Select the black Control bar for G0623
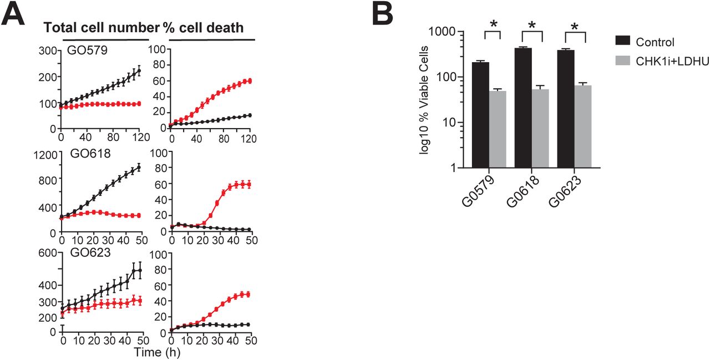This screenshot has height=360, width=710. (566, 109)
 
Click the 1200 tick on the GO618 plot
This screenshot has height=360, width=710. (43, 155)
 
